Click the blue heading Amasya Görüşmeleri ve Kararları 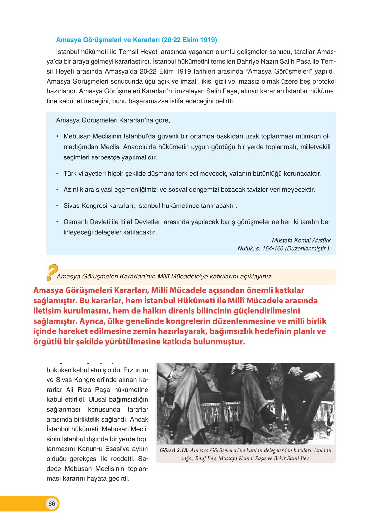coord(136,40)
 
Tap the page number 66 coord(52,504)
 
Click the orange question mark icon coord(52,272)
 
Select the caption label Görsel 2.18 coord(174,450)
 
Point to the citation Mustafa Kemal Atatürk coord(301,240)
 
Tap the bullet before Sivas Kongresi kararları coord(57,206)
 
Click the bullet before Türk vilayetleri coord(57,174)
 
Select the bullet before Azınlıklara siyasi coord(57,190)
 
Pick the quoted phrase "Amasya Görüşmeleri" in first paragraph coord(280,71)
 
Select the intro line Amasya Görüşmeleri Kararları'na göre coord(113,120)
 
